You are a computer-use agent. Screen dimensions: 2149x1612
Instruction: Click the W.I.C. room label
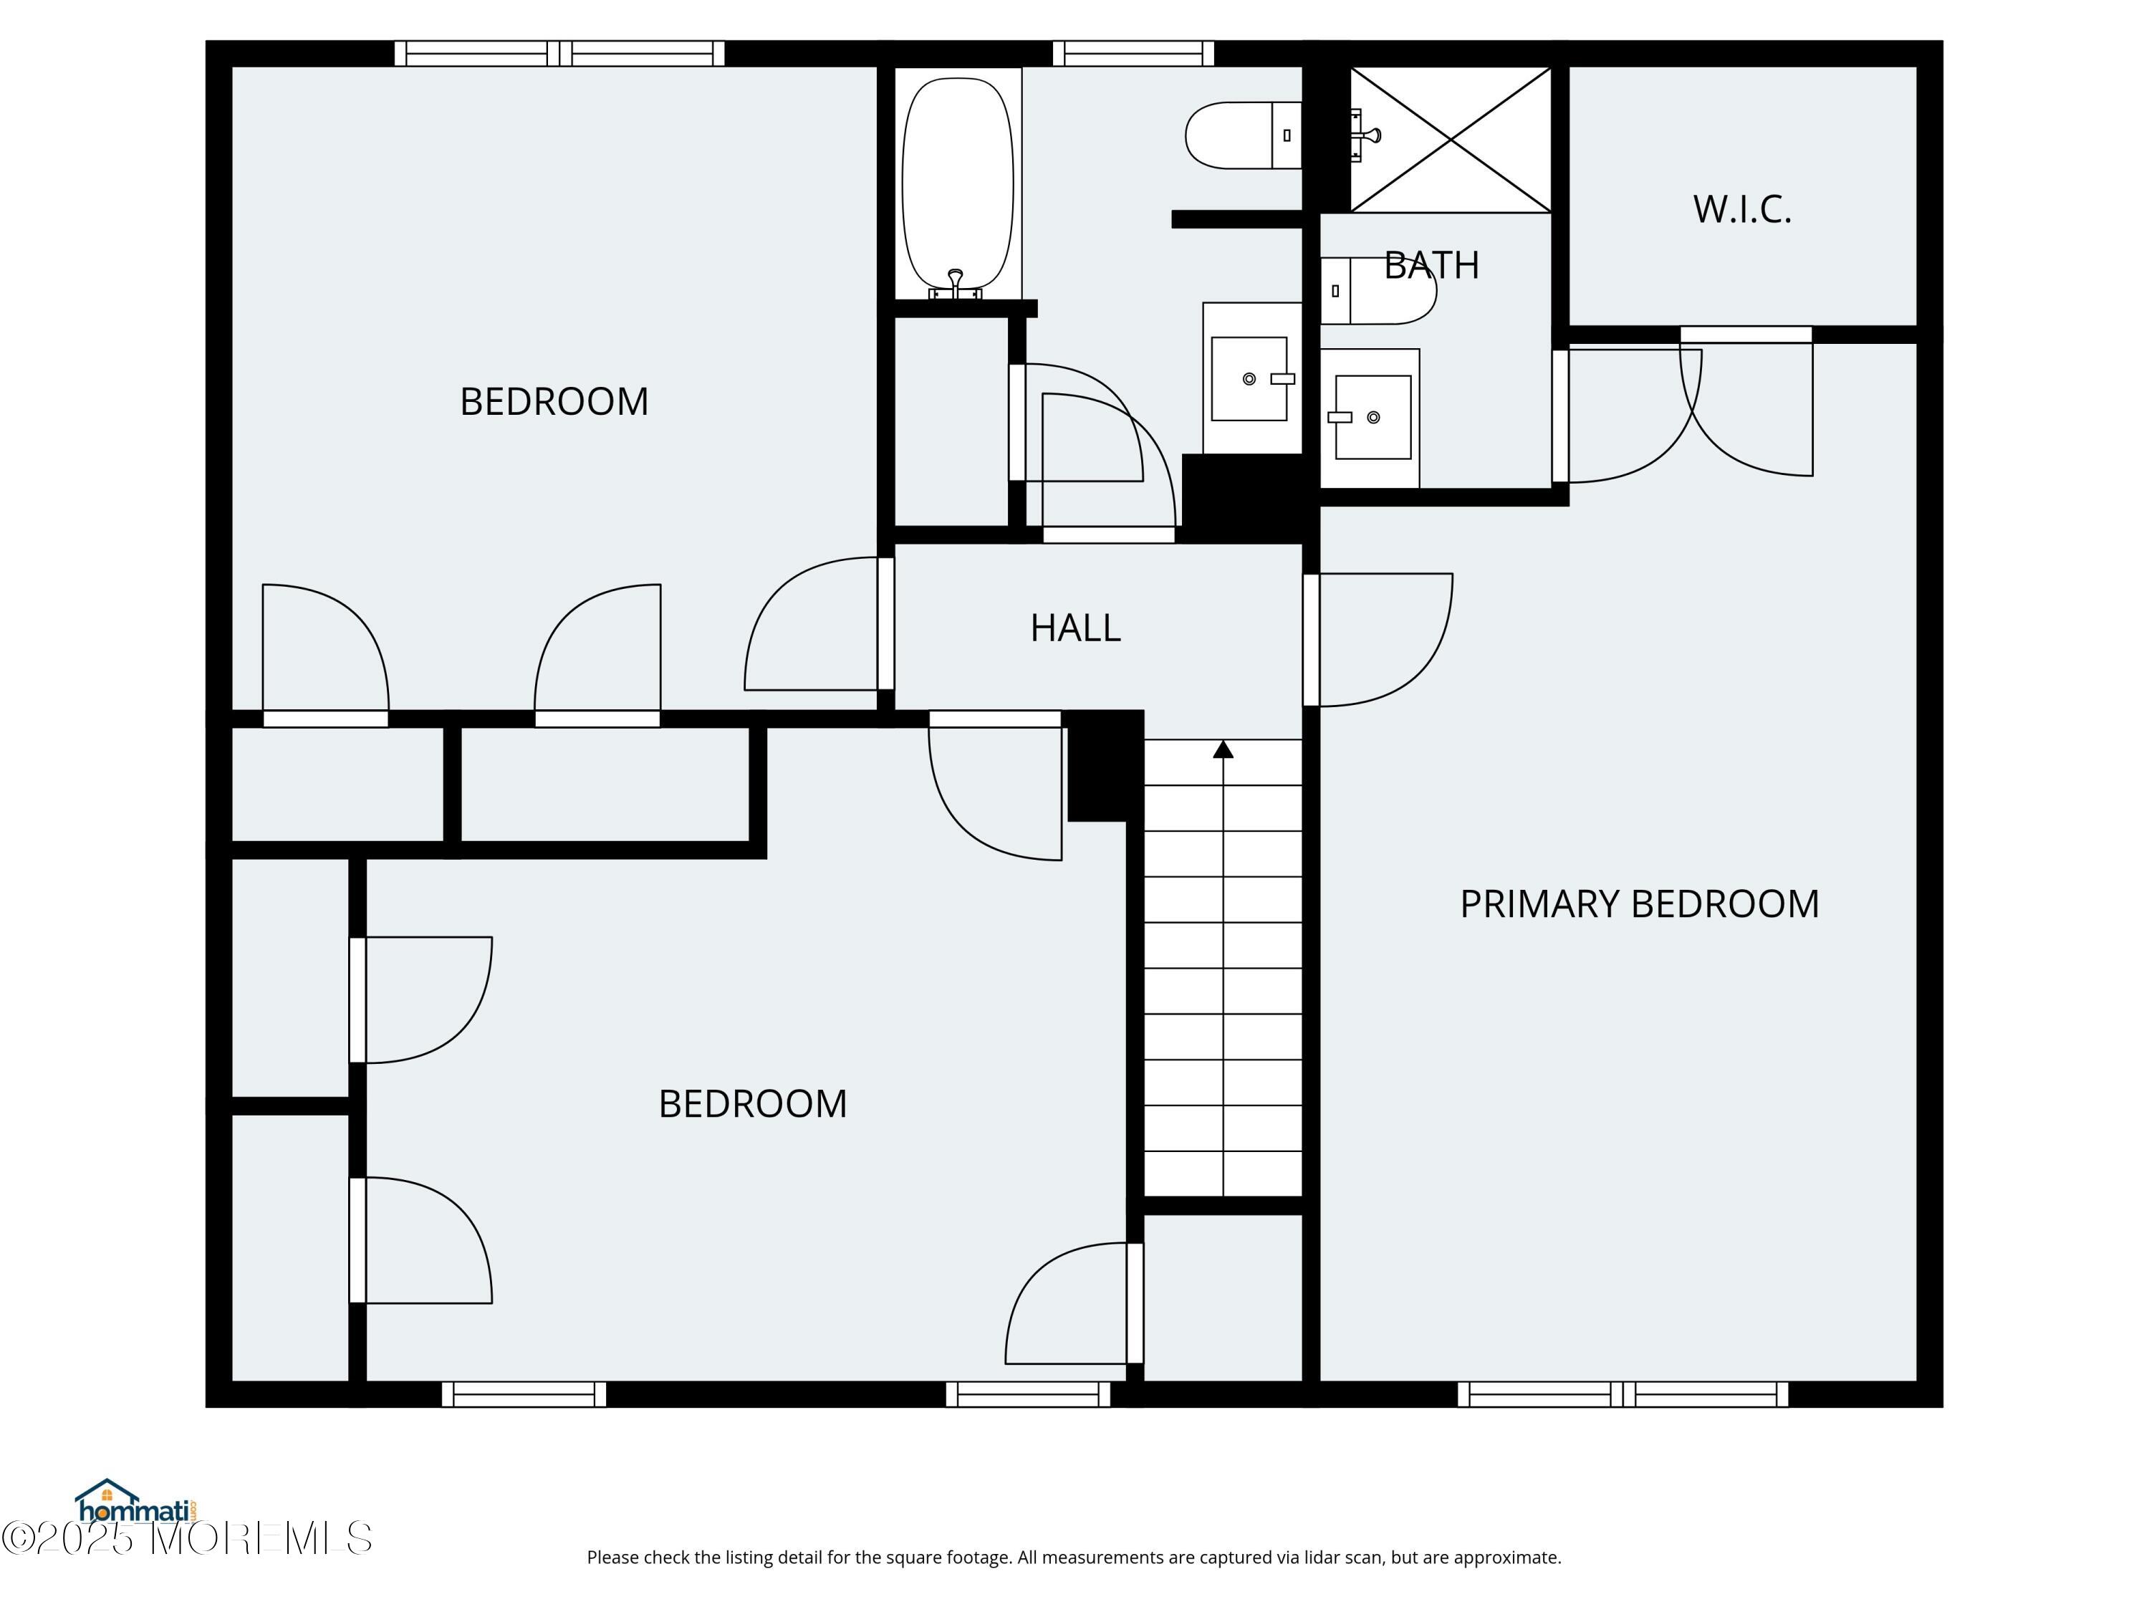pyautogui.click(x=1742, y=210)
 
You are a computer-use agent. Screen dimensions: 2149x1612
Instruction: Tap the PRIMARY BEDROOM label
pyautogui.click(x=1639, y=903)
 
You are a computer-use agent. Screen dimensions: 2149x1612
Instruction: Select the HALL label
pyautogui.click(x=1075, y=628)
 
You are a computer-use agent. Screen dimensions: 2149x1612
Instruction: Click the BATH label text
pyautogui.click(x=1431, y=265)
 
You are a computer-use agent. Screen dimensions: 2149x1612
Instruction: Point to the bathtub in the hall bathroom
pyautogui.click(x=958, y=185)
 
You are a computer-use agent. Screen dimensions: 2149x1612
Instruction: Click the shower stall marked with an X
pyautogui.click(x=1451, y=140)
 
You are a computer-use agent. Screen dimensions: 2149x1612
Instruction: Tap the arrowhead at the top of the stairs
pyautogui.click(x=1223, y=749)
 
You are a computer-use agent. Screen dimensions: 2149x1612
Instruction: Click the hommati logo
pyautogui.click(x=137, y=1503)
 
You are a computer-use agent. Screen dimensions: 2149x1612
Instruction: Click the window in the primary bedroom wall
pyautogui.click(x=1622, y=1394)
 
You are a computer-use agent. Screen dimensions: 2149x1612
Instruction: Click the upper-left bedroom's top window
pyautogui.click(x=559, y=54)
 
